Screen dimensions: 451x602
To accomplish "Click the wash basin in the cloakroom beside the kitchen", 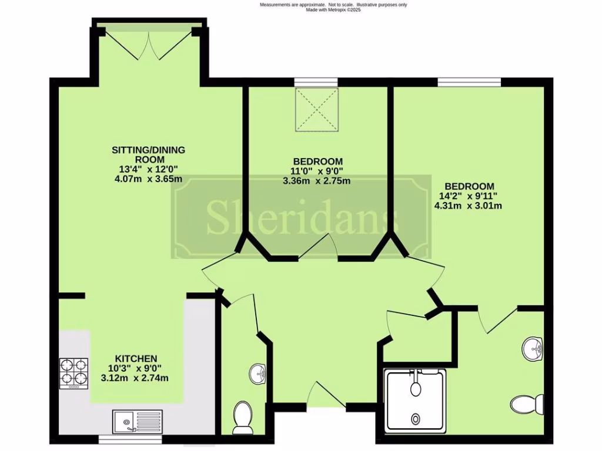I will coord(257,373).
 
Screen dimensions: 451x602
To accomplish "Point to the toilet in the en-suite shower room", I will coord(523,404).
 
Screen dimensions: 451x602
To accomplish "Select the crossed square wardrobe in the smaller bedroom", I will coord(317,109).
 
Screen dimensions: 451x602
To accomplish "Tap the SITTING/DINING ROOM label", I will coord(139,154).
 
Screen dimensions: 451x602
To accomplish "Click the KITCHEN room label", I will coord(135,358).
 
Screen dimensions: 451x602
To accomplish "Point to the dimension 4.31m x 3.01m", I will coord(468,206).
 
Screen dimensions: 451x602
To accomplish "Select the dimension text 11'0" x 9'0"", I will coord(317,171).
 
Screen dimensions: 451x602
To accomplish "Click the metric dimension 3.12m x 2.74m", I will coord(135,378).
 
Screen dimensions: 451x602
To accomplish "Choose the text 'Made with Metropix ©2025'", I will coord(333,10).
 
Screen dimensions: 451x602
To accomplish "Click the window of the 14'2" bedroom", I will coord(469,82).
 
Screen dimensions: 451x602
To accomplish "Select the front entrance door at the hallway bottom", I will coord(325,395).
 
